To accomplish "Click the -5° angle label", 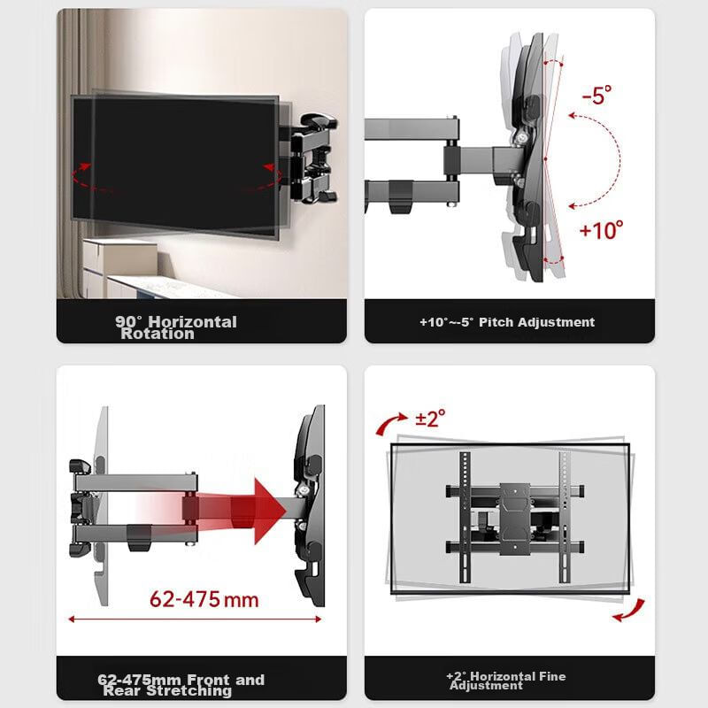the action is pyautogui.click(x=596, y=95).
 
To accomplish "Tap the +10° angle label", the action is pyautogui.click(x=601, y=230).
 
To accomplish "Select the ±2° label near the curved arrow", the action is pyautogui.click(x=430, y=418).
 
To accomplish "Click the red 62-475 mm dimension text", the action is pyautogui.click(x=204, y=600).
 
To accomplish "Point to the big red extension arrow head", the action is pyautogui.click(x=269, y=511).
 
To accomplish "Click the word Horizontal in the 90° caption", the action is pyautogui.click(x=193, y=322).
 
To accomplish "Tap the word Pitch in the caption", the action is pyautogui.click(x=496, y=322).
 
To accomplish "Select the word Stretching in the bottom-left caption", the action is pyautogui.click(x=189, y=691).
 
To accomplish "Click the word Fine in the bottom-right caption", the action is pyautogui.click(x=551, y=676).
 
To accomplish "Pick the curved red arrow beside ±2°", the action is pyautogui.click(x=389, y=423).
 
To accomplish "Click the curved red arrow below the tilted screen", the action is pyautogui.click(x=629, y=611).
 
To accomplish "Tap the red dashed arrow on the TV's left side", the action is pyautogui.click(x=86, y=180).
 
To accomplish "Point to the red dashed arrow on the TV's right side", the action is pyautogui.click(x=266, y=180).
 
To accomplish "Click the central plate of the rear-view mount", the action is pyautogui.click(x=515, y=519).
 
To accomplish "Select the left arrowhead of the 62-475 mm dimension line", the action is pyautogui.click(x=71, y=619).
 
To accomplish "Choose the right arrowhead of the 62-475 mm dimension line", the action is pyautogui.click(x=319, y=619).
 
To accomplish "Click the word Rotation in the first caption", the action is pyautogui.click(x=158, y=335).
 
